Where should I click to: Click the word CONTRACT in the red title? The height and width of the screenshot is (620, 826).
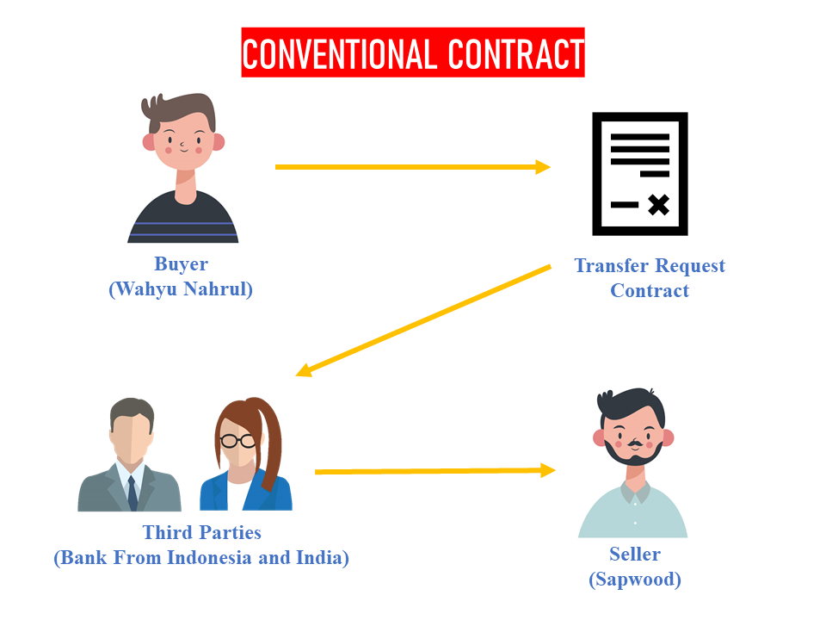[x=516, y=53]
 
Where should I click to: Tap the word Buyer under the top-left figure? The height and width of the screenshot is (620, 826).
[x=182, y=264]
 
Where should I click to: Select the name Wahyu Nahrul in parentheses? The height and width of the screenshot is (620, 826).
[x=182, y=289]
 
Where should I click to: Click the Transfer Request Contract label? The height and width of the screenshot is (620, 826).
[x=650, y=278]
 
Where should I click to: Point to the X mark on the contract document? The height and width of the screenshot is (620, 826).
[x=658, y=205]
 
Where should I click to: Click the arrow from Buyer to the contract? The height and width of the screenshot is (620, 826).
[x=412, y=167]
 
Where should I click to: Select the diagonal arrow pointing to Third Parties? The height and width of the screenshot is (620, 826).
[x=423, y=320]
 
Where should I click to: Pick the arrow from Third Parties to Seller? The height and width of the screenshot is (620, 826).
[x=435, y=471]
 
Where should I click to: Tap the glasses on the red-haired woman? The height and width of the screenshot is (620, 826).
[x=237, y=440]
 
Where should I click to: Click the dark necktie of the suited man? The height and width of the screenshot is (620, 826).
[x=133, y=493]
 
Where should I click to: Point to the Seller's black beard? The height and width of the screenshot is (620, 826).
[x=633, y=454]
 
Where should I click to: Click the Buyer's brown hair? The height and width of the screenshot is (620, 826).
[x=179, y=109]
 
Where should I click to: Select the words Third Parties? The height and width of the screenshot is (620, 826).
[x=201, y=532]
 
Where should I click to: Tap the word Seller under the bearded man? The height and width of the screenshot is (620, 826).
[x=635, y=554]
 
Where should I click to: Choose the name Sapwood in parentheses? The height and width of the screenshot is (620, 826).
[x=635, y=580]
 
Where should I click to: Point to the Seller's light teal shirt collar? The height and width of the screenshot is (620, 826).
[x=635, y=493]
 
